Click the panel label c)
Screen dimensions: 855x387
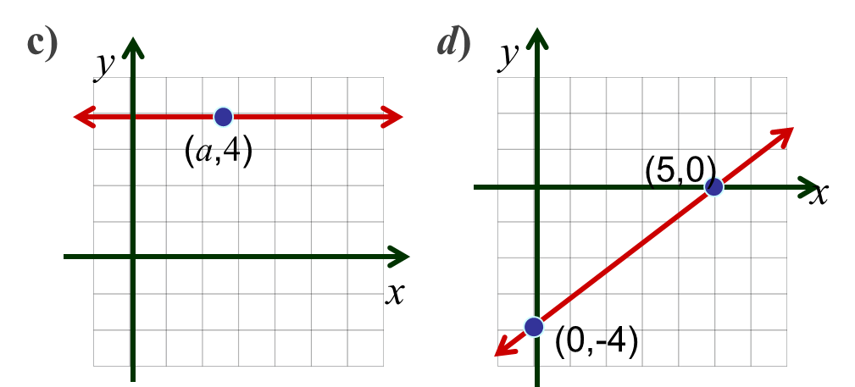[42, 45]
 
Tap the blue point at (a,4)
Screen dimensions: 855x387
[223, 117]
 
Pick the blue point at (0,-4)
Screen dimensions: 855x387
[534, 327]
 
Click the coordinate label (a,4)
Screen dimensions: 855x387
[219, 151]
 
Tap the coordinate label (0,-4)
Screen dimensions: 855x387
[597, 343]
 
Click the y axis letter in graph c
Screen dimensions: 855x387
[105, 67]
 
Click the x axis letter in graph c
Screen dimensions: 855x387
[395, 294]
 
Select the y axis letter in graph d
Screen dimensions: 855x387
[509, 56]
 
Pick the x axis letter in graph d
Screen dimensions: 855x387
[818, 194]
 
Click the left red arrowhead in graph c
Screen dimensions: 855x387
[85, 117]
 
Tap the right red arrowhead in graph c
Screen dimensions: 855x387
[391, 117]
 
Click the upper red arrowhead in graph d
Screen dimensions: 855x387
[781, 137]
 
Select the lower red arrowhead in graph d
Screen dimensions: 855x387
[506, 346]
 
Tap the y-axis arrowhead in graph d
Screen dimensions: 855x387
[537, 39]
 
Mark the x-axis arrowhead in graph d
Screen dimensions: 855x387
[807, 187]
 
